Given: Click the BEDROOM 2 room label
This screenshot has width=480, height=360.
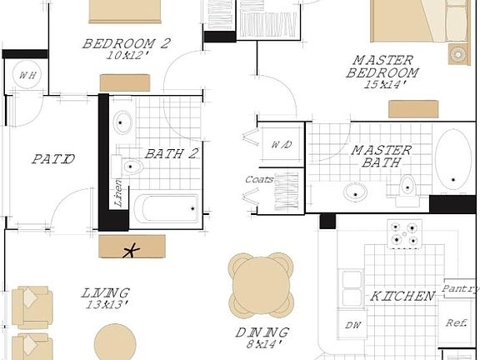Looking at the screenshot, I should pos(126,43).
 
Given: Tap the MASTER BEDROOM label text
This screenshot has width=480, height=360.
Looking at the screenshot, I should pos(382,67).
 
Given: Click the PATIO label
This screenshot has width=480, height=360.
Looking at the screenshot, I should pos(53,159).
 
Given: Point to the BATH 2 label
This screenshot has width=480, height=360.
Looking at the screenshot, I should pos(171,153).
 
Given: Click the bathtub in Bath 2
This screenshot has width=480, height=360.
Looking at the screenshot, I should pos(167,208).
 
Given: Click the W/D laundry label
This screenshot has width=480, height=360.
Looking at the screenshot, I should pos(282,144).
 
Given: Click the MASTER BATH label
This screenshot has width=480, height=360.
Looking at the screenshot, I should pos(381,157).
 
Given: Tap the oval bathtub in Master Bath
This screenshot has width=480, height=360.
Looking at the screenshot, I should pos(452,160).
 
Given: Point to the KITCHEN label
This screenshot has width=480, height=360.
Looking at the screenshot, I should pos(402,296).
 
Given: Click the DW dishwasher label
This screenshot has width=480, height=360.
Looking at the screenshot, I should pos(351,325).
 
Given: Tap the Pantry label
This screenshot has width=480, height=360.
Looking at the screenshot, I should pos(460,289).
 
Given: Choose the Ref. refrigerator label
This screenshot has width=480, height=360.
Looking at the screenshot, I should pos(456,323).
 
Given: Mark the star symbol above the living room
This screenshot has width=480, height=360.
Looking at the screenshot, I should pos(130,248).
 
